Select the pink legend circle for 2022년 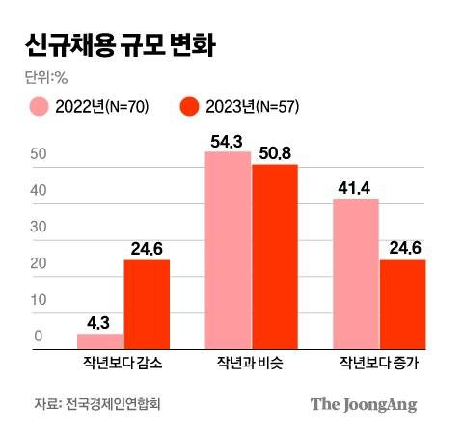[39, 106]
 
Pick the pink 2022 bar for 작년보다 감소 [99, 340]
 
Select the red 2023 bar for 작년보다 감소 [147, 304]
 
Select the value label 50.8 [275, 152]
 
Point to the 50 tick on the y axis [39, 154]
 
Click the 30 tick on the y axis [39, 227]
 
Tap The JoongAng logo [364, 404]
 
